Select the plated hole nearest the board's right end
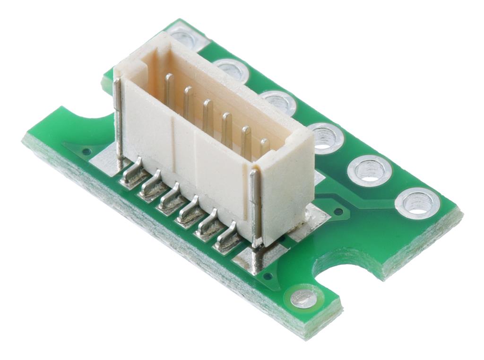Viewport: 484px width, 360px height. pos(417,202)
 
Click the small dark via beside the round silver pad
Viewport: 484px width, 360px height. pos(268,276)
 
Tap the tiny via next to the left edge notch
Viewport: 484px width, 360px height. pos(86,151)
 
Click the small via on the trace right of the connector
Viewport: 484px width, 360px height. pos(338,211)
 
